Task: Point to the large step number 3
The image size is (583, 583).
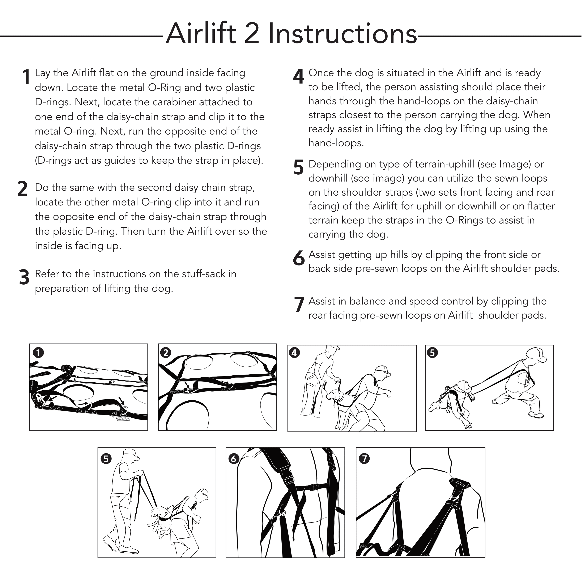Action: click(x=24, y=277)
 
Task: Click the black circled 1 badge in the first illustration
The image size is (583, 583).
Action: click(x=38, y=352)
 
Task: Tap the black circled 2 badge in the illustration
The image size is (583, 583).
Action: click(x=166, y=352)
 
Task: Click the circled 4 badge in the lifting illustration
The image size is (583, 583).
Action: click(x=294, y=352)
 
